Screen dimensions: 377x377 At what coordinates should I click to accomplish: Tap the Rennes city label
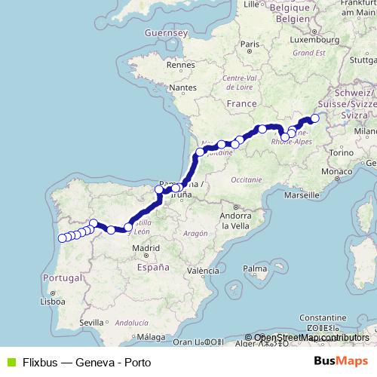coord(182,66)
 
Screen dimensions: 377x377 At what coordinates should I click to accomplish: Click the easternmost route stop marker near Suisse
coord(315,118)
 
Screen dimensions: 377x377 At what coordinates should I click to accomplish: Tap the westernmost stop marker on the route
coord(62,238)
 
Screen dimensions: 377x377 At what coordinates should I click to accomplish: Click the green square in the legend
coord(9,362)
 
